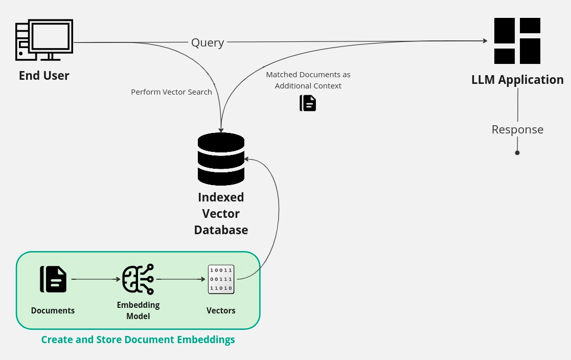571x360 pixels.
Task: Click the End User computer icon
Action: tap(44, 40)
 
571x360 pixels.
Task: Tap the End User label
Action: tap(44, 76)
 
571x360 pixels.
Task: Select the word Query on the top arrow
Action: tap(208, 42)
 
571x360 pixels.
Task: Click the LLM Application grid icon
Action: tap(517, 41)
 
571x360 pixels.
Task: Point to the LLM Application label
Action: tap(517, 80)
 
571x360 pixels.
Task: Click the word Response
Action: tap(517, 129)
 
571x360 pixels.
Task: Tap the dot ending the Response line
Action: tap(517, 153)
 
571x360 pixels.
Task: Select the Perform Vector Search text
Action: tap(171, 92)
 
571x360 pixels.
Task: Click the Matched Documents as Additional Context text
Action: tap(308, 80)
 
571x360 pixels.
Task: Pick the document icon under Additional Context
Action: tap(308, 103)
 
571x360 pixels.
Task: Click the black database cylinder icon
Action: tap(221, 159)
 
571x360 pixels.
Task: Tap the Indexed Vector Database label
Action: tap(221, 213)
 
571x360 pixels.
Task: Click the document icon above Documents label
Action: tap(53, 279)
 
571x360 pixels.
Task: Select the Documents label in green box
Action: tap(53, 310)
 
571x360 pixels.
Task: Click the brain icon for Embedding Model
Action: tap(138, 279)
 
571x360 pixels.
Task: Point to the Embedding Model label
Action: tap(138, 310)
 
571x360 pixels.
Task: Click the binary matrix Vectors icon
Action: tap(221, 279)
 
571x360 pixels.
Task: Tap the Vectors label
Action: tap(221, 310)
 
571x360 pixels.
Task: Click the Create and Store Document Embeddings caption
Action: tap(138, 340)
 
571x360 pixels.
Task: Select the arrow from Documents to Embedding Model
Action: tap(95, 279)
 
